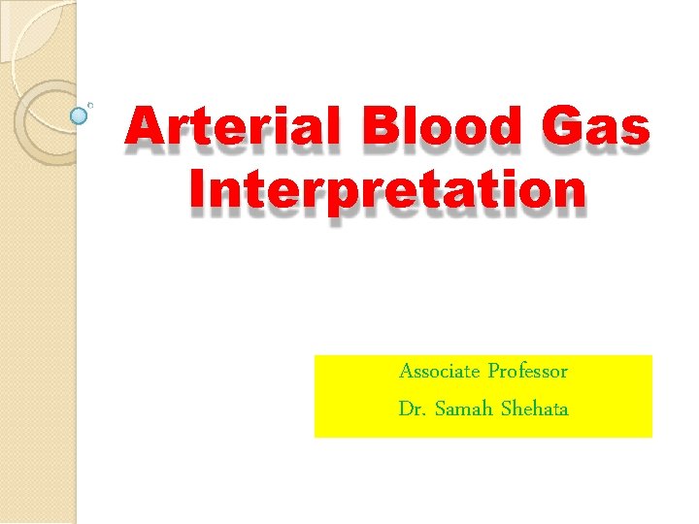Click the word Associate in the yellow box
[439, 371]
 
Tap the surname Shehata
[535, 409]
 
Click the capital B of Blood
[378, 130]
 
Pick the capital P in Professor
[493, 371]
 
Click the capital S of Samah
[440, 409]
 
